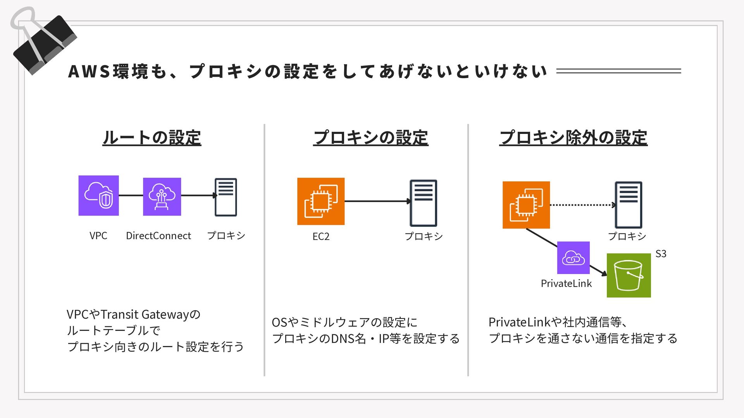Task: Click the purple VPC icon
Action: (98, 195)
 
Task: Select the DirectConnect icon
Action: (162, 197)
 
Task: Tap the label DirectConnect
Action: (158, 236)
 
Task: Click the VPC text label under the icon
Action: (98, 236)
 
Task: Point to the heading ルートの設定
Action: (152, 138)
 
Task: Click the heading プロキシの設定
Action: (371, 138)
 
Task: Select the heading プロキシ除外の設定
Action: (573, 138)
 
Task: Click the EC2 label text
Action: (321, 236)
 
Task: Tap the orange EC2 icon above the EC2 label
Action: (321, 201)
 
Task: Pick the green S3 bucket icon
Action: (629, 275)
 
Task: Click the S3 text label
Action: (661, 254)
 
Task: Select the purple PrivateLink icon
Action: (573, 258)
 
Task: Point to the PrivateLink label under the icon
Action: (566, 284)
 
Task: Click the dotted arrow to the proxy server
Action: (582, 205)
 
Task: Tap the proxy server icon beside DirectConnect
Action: (226, 197)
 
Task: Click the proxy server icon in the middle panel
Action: (423, 203)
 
